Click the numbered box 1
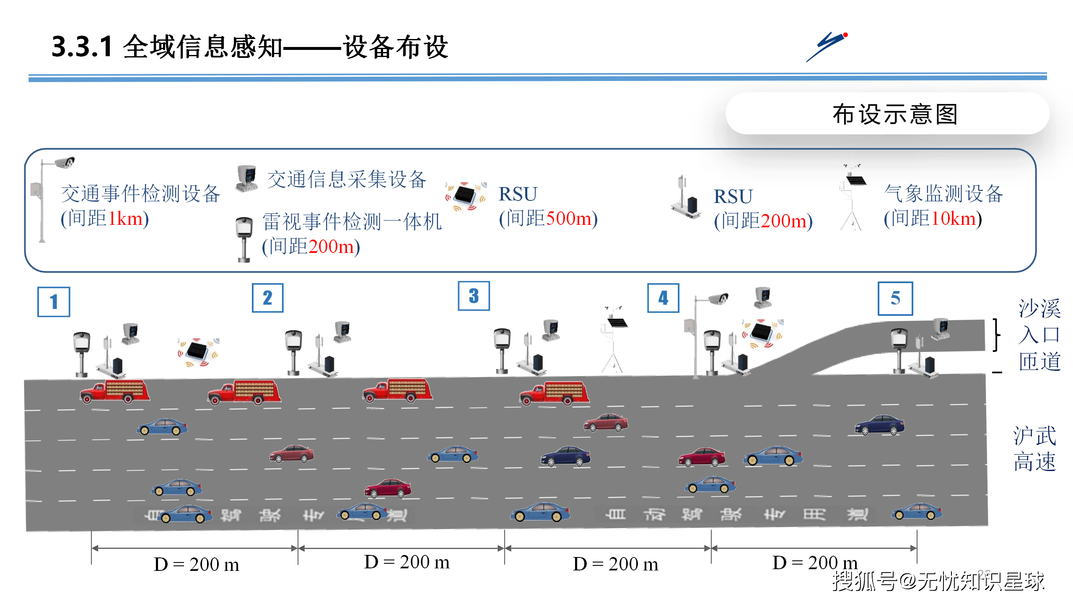54,302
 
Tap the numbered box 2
267,298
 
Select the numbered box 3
474,296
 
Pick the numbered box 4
663,298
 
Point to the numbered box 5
895,299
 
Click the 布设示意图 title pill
887,114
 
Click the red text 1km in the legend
125,219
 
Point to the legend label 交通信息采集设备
347,180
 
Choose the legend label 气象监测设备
943,194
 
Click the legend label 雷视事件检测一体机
352,221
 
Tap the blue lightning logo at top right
827,46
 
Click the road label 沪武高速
1034,449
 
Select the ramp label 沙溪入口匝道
1039,335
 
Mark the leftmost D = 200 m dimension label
196,565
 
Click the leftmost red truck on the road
114,392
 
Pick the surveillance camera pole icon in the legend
50,197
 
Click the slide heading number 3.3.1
82,46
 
